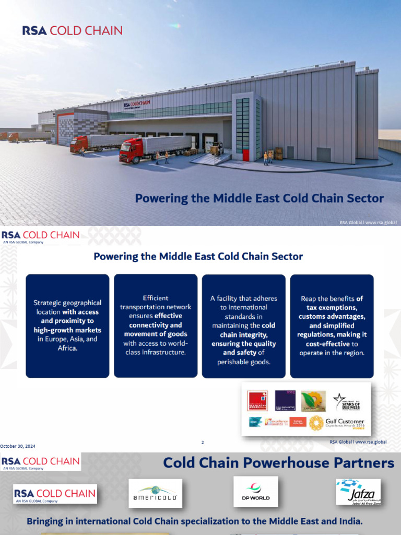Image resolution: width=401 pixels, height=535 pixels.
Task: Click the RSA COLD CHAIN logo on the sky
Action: (72, 30)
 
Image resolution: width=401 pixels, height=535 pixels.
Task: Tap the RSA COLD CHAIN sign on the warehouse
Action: (137, 104)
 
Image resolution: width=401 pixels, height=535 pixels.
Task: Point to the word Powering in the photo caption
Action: (161, 199)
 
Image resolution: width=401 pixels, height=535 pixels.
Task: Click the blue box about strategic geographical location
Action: (67, 325)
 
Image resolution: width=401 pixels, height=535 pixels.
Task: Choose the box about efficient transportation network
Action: (156, 325)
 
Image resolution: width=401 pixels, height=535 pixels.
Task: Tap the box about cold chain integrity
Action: (244, 325)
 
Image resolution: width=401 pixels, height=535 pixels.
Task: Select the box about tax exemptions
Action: (332, 325)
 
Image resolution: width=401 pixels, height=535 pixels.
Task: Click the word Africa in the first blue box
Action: (67, 348)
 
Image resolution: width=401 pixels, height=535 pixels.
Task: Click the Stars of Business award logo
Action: (347, 402)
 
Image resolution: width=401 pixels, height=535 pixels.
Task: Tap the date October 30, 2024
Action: (18, 446)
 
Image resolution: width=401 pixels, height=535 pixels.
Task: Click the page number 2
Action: (203, 443)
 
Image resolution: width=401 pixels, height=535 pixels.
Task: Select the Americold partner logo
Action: (156, 493)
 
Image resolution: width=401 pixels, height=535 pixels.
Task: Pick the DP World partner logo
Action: (256, 491)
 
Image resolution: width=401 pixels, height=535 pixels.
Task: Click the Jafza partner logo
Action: (358, 492)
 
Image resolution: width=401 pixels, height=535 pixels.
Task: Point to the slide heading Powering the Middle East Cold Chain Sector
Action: (198, 257)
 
